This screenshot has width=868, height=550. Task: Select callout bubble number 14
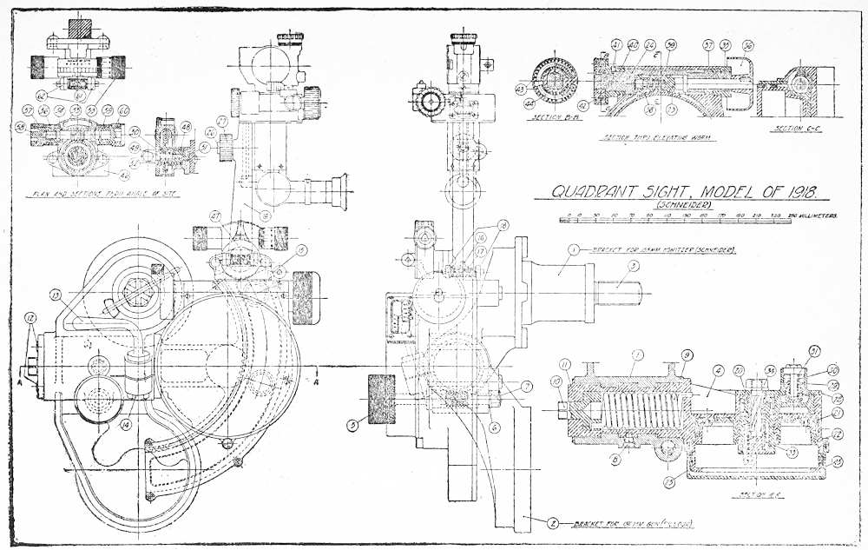pyautogui.click(x=126, y=424)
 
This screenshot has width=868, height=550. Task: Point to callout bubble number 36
pyautogui.click(x=747, y=45)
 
